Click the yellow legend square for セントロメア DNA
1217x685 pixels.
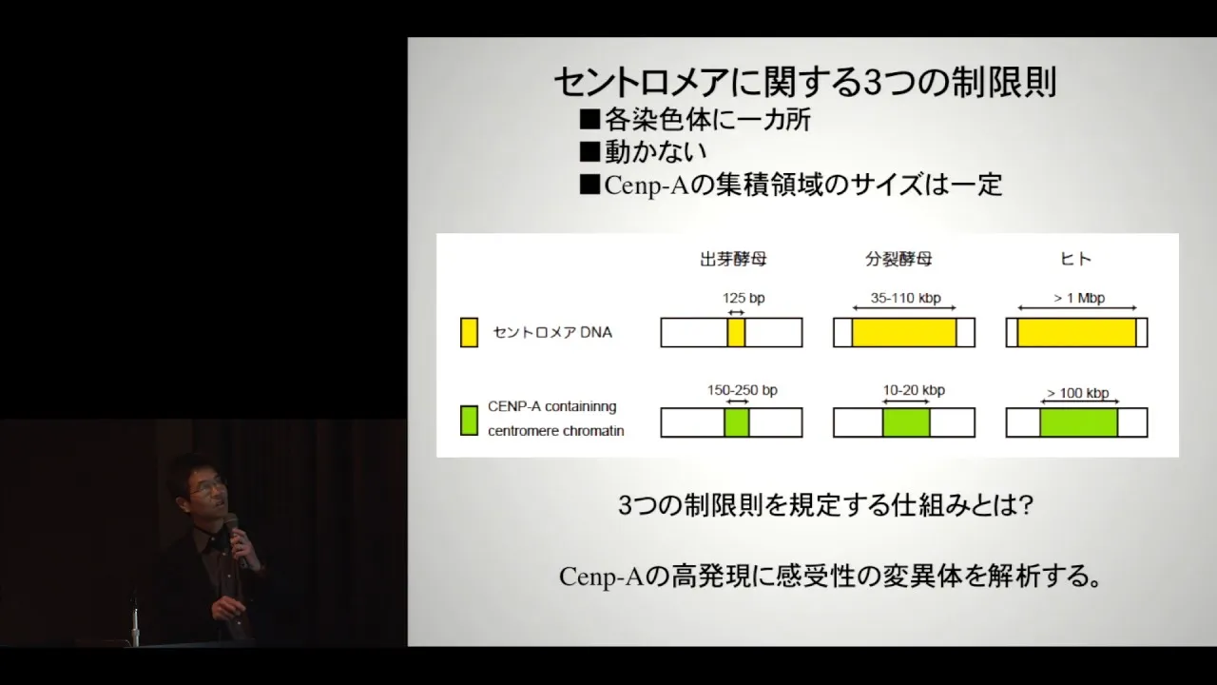point(469,332)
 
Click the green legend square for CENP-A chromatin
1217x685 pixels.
point(469,421)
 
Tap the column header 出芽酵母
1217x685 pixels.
point(733,260)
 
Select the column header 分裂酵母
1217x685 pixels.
point(898,260)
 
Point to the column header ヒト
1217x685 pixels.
point(1075,259)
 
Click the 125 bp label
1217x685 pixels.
point(744,298)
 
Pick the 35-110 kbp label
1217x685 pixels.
point(906,298)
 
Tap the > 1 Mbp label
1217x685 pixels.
point(1079,298)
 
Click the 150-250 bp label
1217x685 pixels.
point(743,390)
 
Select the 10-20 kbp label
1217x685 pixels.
point(914,390)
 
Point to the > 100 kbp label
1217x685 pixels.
point(1078,393)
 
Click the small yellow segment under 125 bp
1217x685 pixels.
point(736,332)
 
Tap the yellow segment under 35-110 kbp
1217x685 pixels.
point(904,332)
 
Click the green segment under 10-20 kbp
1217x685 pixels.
point(906,422)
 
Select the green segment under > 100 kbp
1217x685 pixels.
point(1079,422)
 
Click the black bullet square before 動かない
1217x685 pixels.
point(589,151)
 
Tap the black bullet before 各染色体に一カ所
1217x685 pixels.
point(589,119)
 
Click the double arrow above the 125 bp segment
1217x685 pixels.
point(736,312)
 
